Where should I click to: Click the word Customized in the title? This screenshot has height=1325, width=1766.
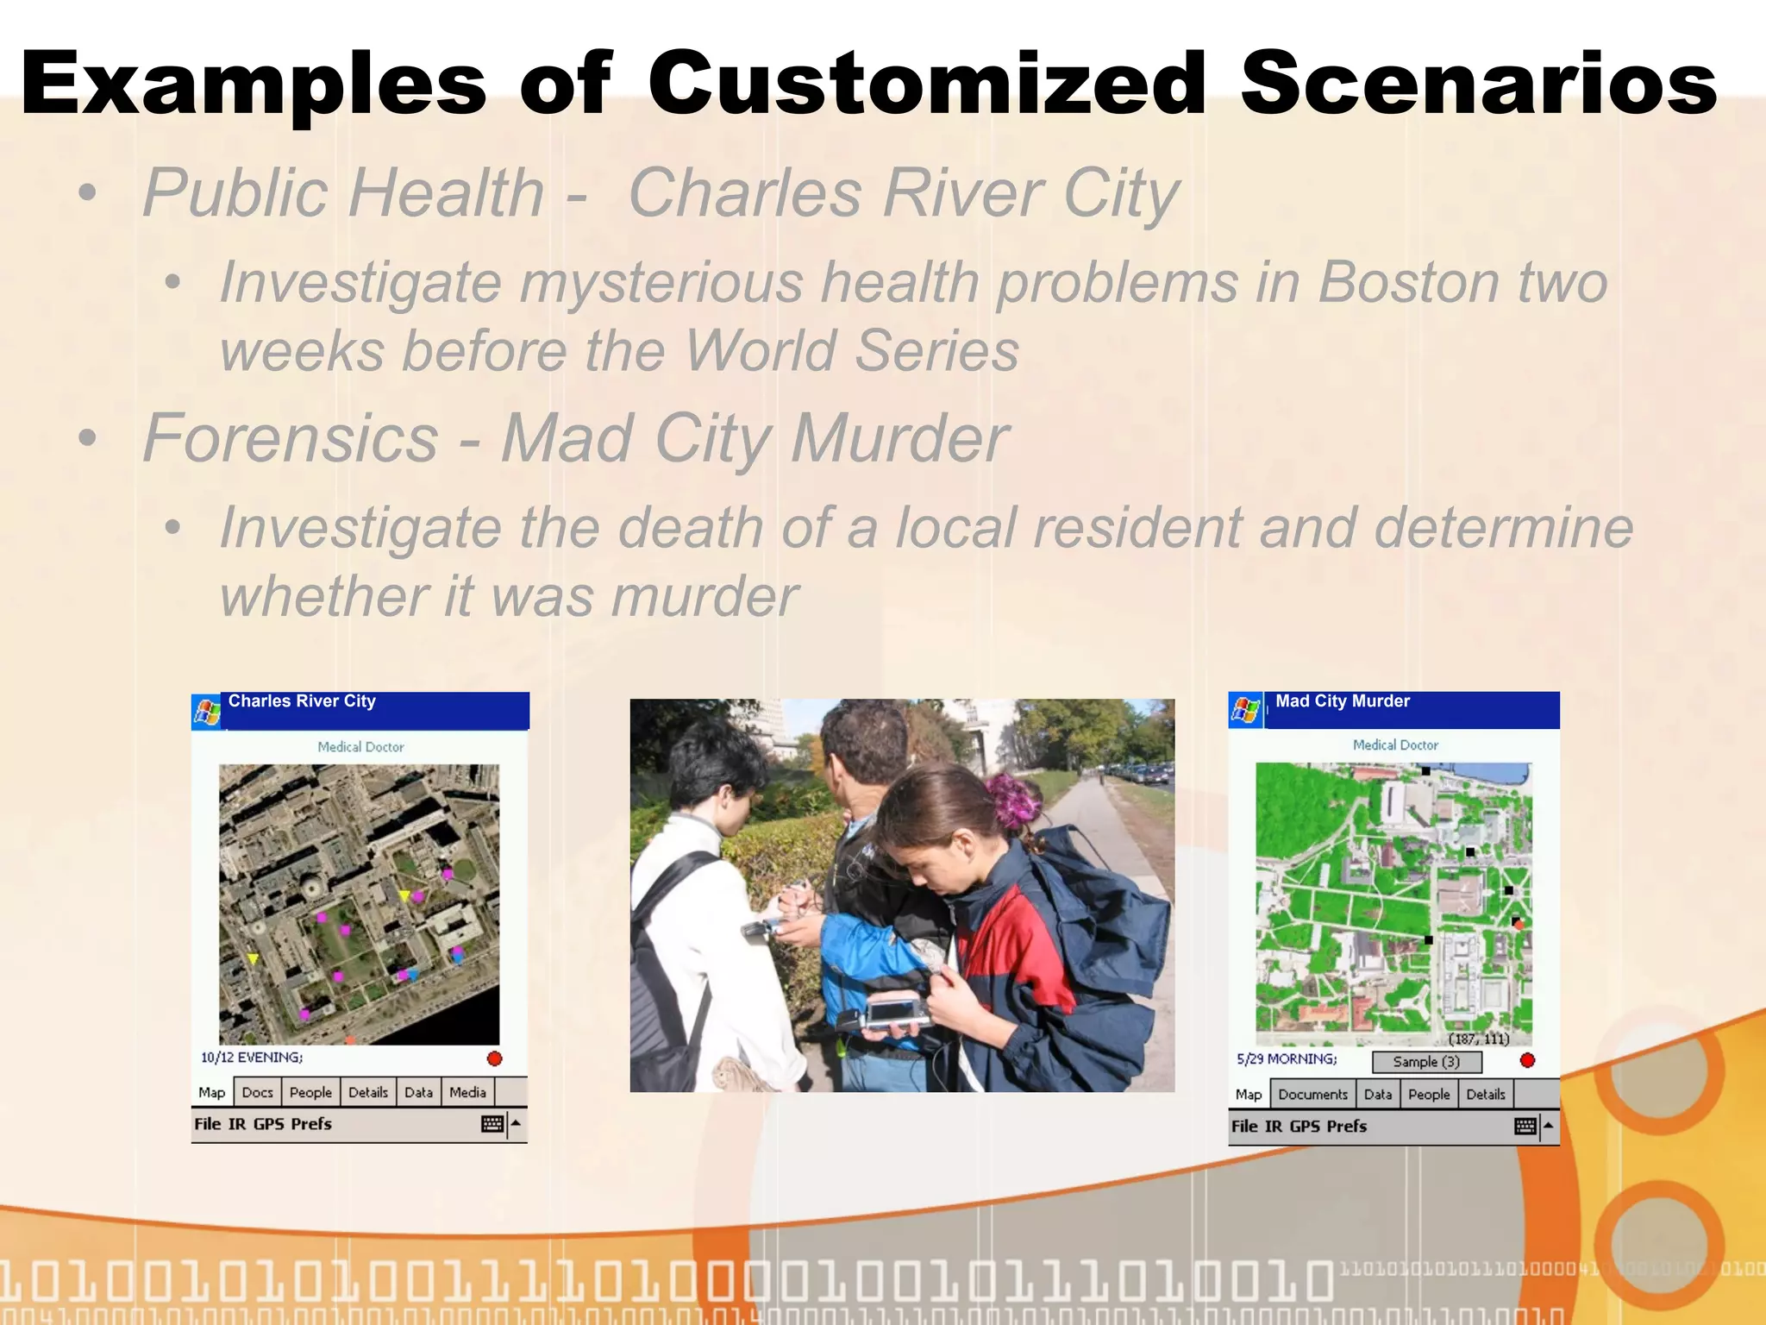click(x=927, y=84)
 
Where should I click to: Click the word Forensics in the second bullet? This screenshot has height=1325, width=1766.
click(x=291, y=438)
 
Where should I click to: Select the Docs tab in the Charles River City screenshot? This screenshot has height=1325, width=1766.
click(x=257, y=1092)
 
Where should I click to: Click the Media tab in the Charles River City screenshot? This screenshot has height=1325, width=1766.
click(x=467, y=1092)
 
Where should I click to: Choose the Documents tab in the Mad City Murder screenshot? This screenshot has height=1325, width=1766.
click(x=1312, y=1095)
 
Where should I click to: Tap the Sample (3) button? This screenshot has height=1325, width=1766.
click(x=1426, y=1062)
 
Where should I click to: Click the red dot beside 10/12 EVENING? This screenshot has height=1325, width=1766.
click(x=494, y=1058)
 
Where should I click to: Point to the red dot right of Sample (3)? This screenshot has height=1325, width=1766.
click(x=1527, y=1060)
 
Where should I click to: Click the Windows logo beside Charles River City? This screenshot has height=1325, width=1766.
click(x=207, y=713)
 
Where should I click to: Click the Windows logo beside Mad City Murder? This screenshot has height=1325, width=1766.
click(x=1245, y=711)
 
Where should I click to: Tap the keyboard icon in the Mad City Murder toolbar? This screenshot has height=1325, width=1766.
click(x=1525, y=1127)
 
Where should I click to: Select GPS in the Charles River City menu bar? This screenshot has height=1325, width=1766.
click(x=268, y=1124)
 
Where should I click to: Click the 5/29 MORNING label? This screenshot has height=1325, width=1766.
click(x=1287, y=1059)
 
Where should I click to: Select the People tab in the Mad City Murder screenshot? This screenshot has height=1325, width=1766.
click(x=1429, y=1095)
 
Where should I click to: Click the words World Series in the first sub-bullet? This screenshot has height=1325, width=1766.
click(x=852, y=351)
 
